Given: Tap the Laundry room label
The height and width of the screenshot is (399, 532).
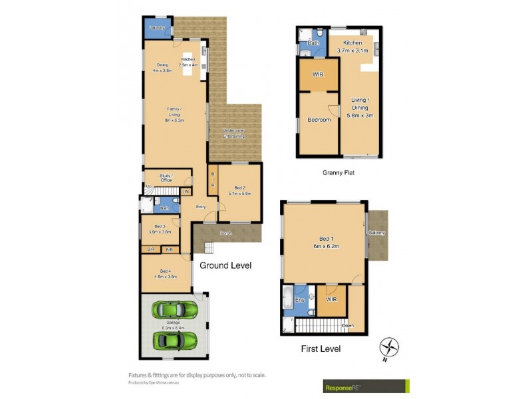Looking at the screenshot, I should (157, 28).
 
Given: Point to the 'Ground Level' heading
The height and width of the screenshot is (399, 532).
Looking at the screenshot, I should (225, 265).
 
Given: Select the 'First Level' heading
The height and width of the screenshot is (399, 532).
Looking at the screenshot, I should (321, 348).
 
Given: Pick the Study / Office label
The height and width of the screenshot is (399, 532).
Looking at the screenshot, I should (166, 178).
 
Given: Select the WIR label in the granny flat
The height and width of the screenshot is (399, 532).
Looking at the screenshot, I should (318, 75).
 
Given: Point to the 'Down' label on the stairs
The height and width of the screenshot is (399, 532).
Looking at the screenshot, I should (347, 327).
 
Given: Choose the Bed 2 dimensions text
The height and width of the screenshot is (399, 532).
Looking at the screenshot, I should (239, 194).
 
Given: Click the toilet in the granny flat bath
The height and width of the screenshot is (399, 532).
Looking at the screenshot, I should (320, 32).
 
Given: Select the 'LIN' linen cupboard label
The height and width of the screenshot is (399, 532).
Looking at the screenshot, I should (186, 192).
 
